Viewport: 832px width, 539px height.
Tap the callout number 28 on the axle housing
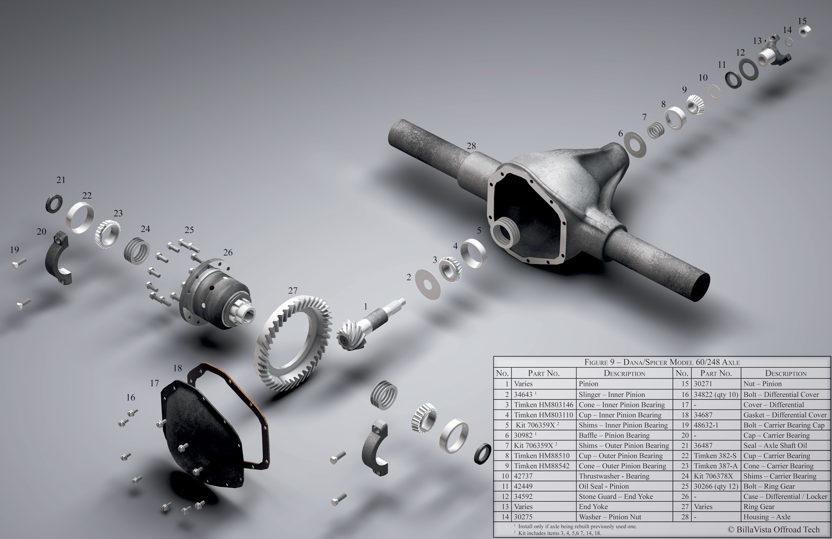tap(471, 146)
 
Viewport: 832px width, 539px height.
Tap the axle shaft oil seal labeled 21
tap(54, 203)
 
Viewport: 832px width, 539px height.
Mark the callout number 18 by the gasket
tap(177, 368)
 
